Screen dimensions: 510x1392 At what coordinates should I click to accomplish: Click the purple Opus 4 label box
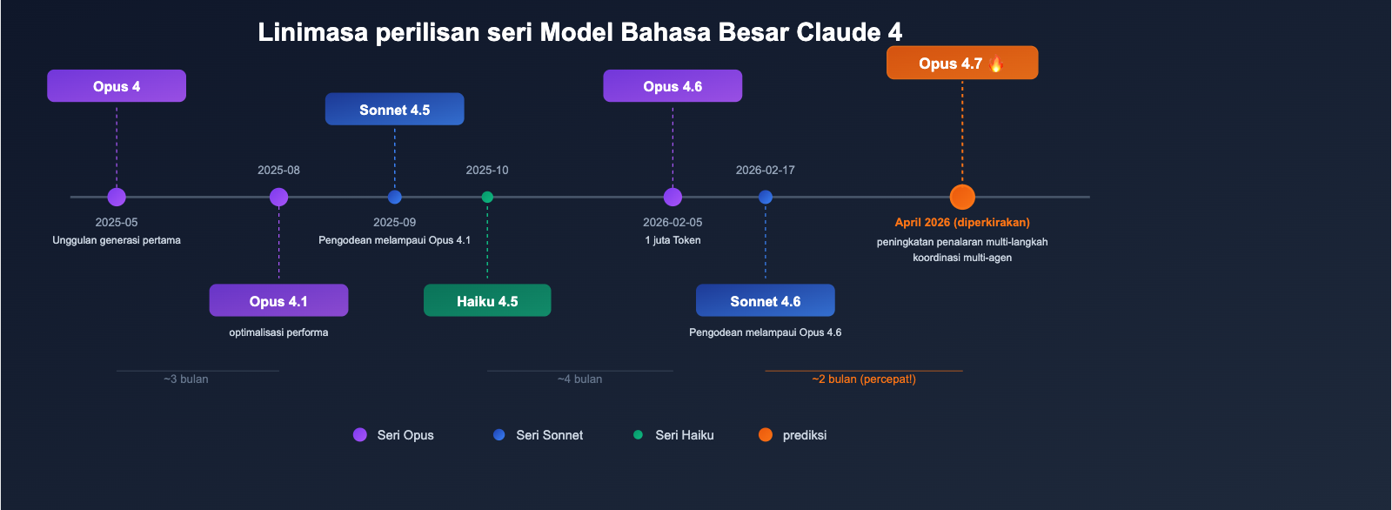click(x=117, y=86)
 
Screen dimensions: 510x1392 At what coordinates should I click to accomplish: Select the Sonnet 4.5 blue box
click(x=394, y=110)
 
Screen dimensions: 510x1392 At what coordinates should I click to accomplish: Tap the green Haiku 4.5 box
click(x=487, y=301)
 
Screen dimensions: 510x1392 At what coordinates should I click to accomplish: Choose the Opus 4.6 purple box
click(x=673, y=86)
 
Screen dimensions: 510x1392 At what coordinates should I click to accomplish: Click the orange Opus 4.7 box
click(x=961, y=64)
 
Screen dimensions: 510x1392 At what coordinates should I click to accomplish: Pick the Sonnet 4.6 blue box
click(x=765, y=301)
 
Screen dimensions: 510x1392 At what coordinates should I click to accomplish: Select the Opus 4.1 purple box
click(x=278, y=301)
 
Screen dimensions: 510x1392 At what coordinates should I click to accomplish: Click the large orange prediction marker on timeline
click(x=962, y=198)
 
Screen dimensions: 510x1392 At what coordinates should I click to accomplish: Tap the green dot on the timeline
click(x=487, y=198)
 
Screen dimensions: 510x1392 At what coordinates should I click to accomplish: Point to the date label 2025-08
click(x=278, y=171)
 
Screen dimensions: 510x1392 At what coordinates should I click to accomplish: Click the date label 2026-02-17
click(x=765, y=171)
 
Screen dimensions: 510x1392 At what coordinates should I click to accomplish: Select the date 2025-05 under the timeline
click(x=117, y=223)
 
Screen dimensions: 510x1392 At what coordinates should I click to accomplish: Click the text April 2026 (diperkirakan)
click(x=962, y=223)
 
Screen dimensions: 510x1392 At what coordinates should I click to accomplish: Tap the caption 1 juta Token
click(x=673, y=240)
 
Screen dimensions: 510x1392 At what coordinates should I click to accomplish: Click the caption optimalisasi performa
click(x=278, y=332)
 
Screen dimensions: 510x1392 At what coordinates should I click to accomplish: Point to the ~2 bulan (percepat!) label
click(x=863, y=379)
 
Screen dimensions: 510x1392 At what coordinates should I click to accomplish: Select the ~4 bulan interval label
click(x=579, y=379)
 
